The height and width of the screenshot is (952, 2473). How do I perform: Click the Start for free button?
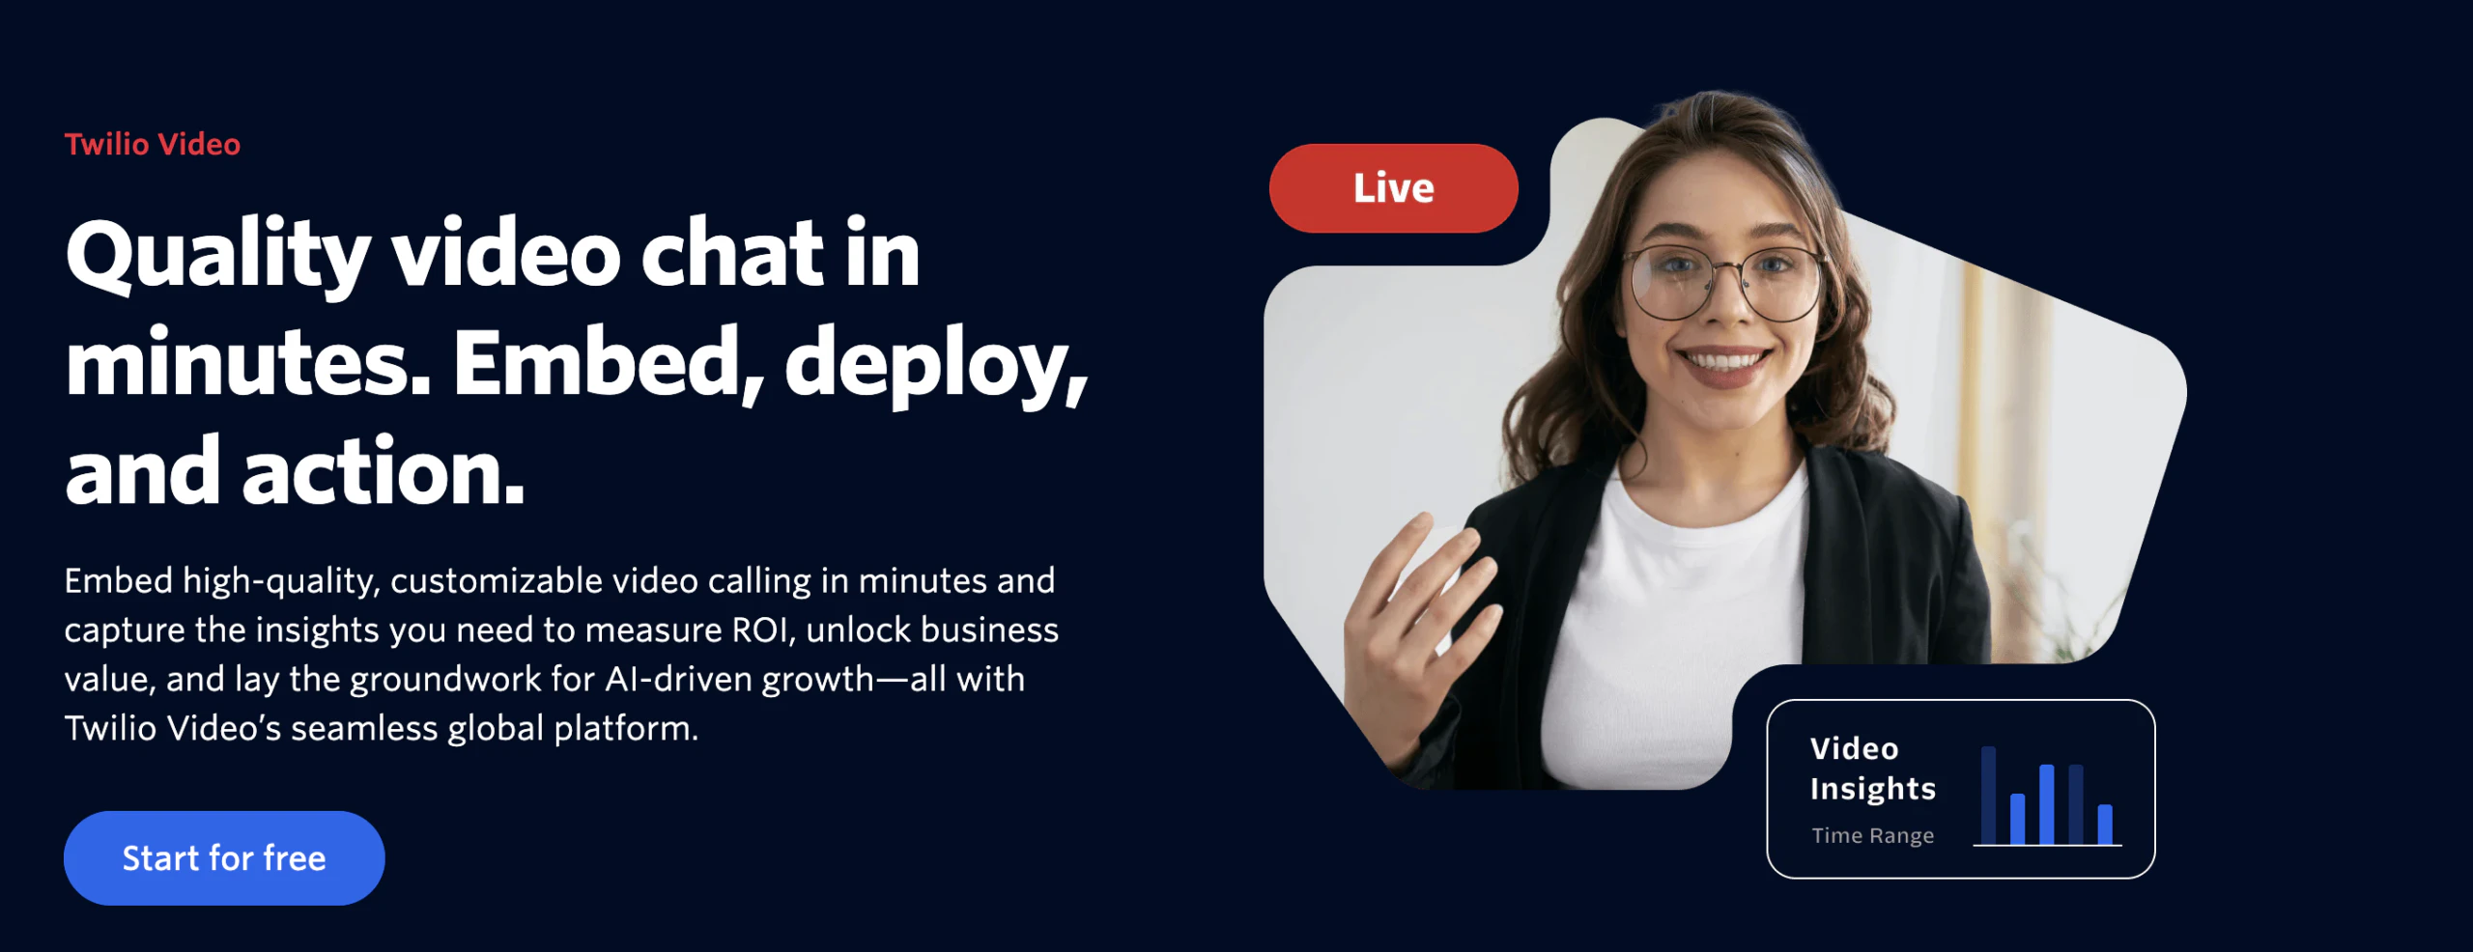(x=224, y=857)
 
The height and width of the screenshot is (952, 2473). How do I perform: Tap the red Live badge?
(x=1393, y=188)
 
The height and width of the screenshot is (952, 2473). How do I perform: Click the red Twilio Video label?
(x=153, y=145)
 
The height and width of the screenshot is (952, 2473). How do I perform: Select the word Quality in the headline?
(x=218, y=256)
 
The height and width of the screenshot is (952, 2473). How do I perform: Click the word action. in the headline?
(x=384, y=472)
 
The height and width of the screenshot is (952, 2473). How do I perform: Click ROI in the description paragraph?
(x=763, y=630)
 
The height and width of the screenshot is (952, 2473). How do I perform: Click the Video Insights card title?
(x=1873, y=769)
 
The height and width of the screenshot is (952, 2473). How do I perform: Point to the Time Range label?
(x=1873, y=835)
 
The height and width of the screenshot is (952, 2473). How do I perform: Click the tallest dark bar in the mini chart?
(x=1988, y=796)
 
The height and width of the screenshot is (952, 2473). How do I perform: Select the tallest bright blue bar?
(x=2046, y=804)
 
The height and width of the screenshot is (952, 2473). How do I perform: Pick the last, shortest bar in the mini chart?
(x=2105, y=825)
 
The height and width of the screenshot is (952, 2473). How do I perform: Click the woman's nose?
(x=1730, y=304)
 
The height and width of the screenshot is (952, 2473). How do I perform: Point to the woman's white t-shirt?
(x=1681, y=618)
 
